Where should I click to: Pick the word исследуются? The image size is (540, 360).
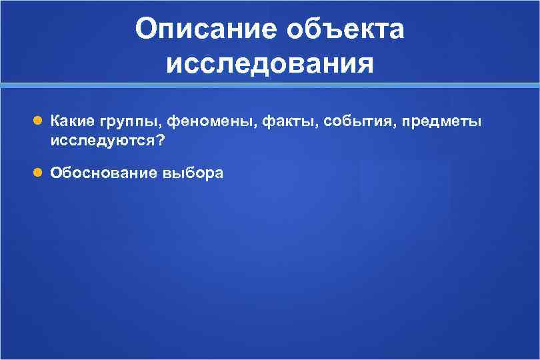(102, 141)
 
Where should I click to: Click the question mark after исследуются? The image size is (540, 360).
(159, 141)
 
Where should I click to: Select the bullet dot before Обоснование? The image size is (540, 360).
(38, 173)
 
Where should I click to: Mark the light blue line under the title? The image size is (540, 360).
(270, 86)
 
